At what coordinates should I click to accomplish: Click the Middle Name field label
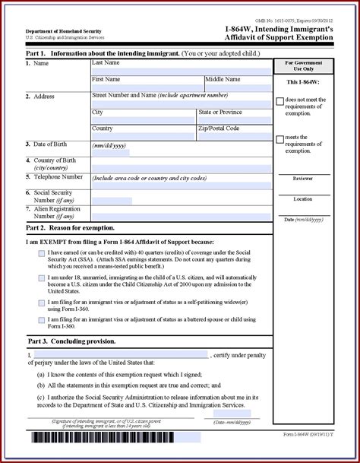tap(226, 79)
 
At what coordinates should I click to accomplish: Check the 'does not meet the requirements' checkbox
tap(280, 101)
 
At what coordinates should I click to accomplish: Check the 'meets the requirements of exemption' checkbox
tap(280, 139)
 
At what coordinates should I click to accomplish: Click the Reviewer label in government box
tap(303, 179)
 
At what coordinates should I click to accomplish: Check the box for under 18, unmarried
tap(41, 277)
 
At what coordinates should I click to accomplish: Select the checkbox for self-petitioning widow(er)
tap(41, 303)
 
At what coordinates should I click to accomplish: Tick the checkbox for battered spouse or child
tap(41, 320)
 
